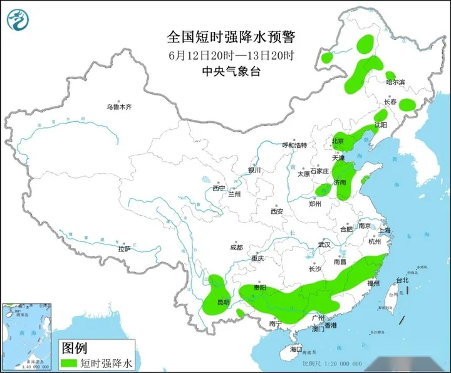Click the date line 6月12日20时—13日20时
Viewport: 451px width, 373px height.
point(232,55)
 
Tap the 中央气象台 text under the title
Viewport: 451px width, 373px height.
point(232,71)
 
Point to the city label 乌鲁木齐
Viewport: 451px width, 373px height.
point(119,107)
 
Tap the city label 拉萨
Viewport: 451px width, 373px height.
point(124,249)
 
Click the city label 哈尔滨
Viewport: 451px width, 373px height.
point(395,82)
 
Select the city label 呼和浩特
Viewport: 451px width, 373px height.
point(294,145)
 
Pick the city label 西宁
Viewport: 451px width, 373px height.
point(218,188)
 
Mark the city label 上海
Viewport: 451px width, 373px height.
point(384,231)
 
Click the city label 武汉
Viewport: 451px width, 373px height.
point(324,244)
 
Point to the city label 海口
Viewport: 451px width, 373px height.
point(296,349)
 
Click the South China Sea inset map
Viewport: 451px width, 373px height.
point(28,335)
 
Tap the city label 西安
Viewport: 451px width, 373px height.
point(277,211)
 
